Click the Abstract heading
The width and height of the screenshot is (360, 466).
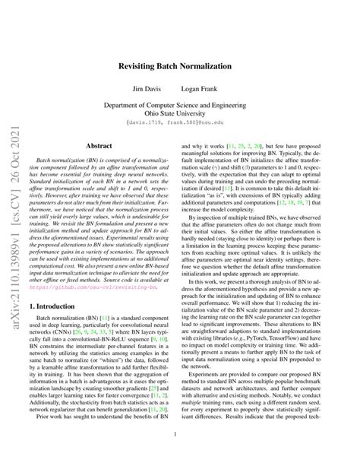(99, 143)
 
